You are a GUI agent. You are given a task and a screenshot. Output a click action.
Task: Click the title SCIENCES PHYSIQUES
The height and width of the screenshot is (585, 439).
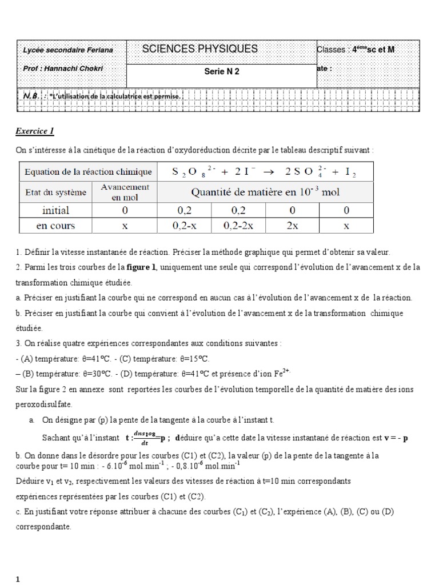(x=199, y=49)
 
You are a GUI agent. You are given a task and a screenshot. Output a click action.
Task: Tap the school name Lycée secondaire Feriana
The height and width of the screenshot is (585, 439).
(x=68, y=50)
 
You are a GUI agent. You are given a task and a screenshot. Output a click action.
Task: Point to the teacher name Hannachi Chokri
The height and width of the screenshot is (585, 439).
(x=81, y=68)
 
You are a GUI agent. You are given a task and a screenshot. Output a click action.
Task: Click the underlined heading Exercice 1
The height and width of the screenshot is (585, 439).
(x=34, y=131)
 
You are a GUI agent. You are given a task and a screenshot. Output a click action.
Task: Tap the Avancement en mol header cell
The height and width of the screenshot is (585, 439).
(x=125, y=192)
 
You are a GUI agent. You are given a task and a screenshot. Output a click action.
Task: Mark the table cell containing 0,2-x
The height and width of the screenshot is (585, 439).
(x=183, y=226)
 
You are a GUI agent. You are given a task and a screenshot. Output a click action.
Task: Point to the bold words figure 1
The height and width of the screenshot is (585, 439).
(x=141, y=267)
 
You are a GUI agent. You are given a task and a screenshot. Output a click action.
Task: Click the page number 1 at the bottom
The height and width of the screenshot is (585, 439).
(x=18, y=579)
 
